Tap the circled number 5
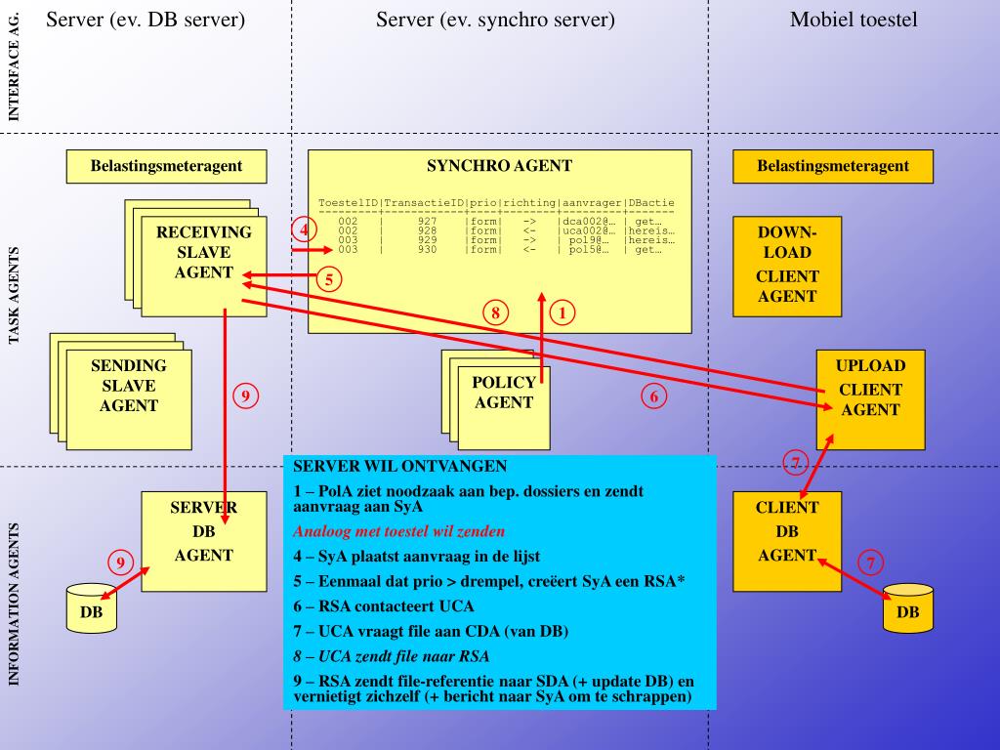coord(329,279)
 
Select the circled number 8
coord(496,312)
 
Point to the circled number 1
coord(562,312)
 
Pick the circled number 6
coord(655,396)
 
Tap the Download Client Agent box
coord(786,266)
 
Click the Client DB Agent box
coord(786,531)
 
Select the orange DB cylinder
coord(907,610)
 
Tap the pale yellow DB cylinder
coord(91,610)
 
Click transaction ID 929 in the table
coord(427,239)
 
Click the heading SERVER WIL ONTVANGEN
coord(399,467)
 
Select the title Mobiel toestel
coord(854,20)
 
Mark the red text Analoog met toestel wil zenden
coord(398,532)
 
